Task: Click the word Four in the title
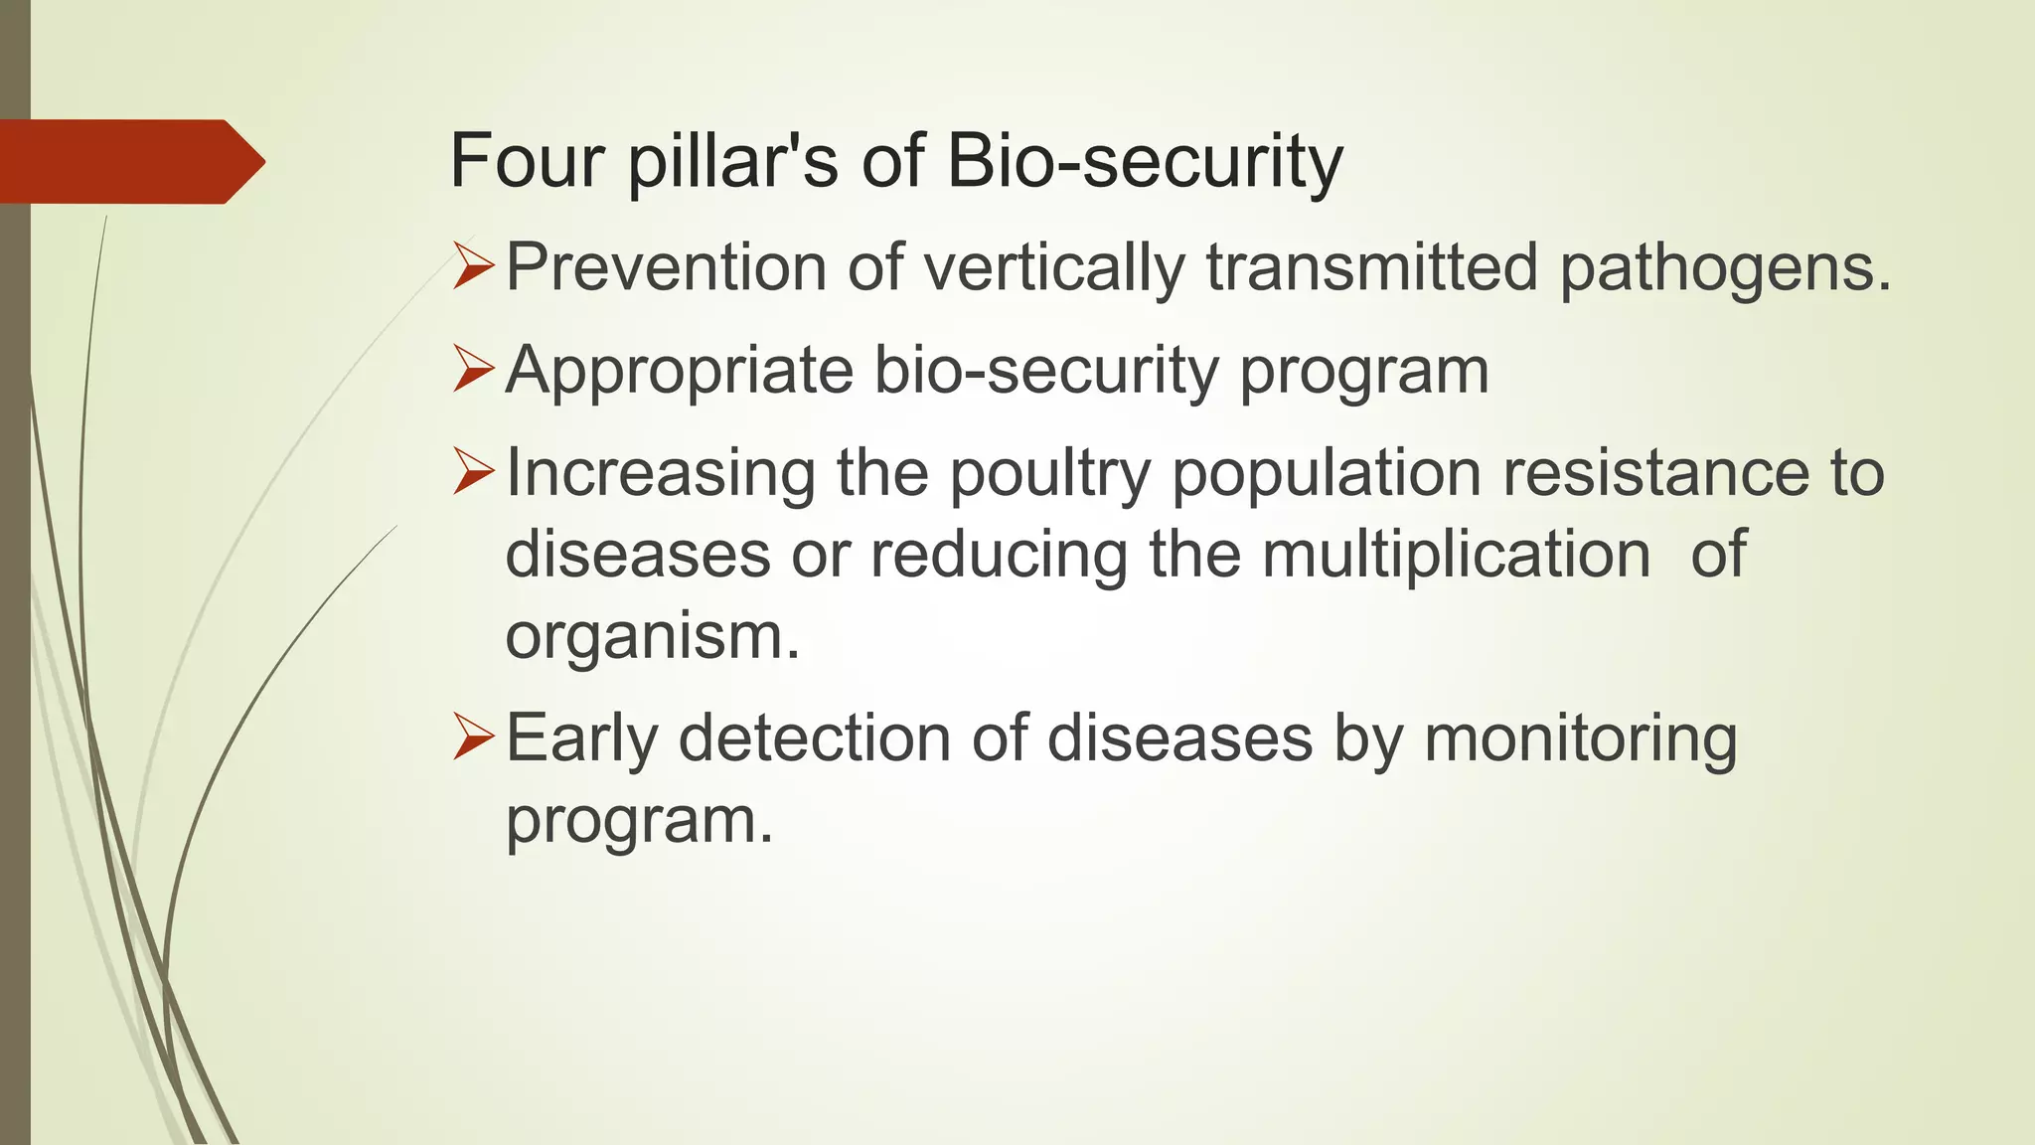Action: tap(527, 161)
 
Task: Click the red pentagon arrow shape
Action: tap(129, 161)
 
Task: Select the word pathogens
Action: tap(1725, 268)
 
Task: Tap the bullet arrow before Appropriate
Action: tap(473, 369)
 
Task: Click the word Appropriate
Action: tap(679, 371)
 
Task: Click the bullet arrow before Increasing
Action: tap(473, 471)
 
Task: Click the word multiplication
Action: tap(1457, 554)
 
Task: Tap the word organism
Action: tap(651, 636)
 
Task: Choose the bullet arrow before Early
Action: tap(473, 738)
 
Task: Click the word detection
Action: tap(815, 738)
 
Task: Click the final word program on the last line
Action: tap(638, 822)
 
